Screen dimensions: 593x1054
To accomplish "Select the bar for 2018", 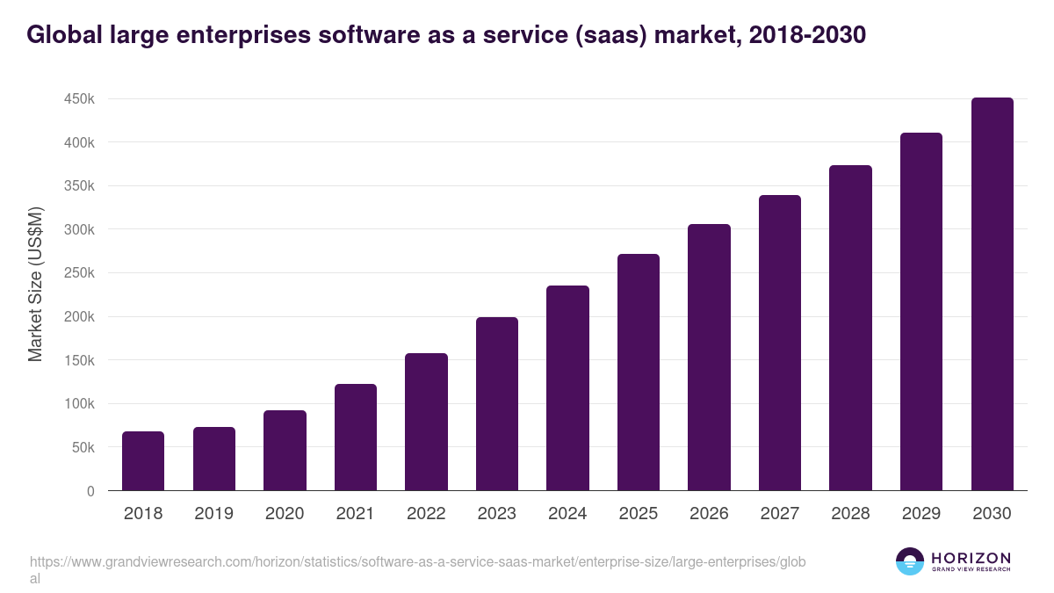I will point(143,461).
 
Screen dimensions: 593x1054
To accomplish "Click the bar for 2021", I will point(356,438).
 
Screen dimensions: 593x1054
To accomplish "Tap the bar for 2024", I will point(567,388).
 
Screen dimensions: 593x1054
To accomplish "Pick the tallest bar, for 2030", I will point(992,294).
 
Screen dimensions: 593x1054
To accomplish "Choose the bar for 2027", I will point(780,343).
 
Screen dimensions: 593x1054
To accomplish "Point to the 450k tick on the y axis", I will point(79,99).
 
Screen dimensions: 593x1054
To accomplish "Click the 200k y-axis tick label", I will point(79,317).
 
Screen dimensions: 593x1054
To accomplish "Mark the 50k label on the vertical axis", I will point(83,448).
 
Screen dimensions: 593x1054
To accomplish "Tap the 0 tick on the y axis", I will point(90,491).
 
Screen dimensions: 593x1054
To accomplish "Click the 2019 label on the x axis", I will point(213,514).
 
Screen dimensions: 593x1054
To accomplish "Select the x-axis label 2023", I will point(496,514).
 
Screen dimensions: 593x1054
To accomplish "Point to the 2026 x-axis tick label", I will point(709,514).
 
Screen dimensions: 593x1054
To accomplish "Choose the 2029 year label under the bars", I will point(920,514).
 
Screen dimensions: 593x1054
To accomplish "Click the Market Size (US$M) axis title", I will point(35,284).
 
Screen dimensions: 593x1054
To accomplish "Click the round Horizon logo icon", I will point(909,561).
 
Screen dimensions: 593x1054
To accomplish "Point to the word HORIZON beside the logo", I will point(971,557).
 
